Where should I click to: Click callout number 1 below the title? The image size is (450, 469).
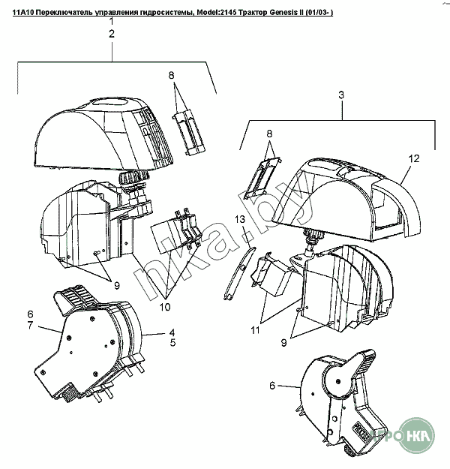click(112, 22)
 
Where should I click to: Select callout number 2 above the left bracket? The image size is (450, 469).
click(112, 34)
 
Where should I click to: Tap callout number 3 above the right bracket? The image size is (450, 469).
click(341, 95)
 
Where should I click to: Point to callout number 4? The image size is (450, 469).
click(172, 332)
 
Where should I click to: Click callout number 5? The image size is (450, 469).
click(172, 343)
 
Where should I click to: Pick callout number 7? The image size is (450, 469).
click(30, 325)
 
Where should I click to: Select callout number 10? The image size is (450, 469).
click(165, 307)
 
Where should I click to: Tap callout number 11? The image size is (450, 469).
click(255, 330)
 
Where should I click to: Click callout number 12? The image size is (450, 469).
click(414, 158)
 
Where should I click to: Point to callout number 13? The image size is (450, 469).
click(240, 220)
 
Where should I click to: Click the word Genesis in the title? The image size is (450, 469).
click(280, 13)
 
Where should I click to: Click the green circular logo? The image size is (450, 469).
click(417, 436)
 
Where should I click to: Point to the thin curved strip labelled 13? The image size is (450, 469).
click(239, 272)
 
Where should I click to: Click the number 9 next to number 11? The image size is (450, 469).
click(283, 343)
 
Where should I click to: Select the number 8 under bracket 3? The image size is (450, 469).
click(269, 134)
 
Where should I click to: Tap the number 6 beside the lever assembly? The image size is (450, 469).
click(272, 386)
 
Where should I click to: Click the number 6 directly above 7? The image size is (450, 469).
click(30, 314)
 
